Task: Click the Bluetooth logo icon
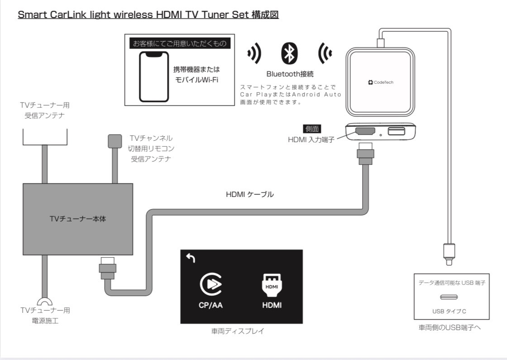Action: pos(289,54)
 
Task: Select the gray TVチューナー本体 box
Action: pos(78,219)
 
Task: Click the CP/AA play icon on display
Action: pos(210,283)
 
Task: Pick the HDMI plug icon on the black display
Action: pos(272,283)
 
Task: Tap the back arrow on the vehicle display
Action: pos(191,259)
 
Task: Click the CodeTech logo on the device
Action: pos(381,82)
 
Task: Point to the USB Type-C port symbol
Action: pos(452,297)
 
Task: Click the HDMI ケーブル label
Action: pos(250,195)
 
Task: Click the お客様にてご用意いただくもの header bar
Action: pos(179,43)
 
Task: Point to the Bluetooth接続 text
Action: pos(290,74)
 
